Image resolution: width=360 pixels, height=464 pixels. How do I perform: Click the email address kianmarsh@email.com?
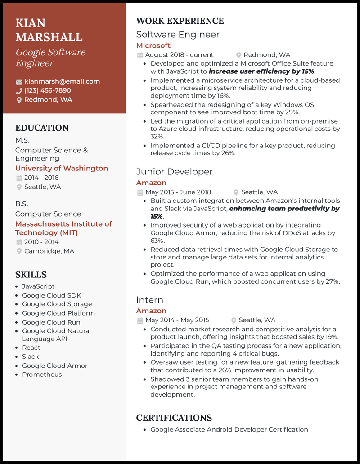[62, 81]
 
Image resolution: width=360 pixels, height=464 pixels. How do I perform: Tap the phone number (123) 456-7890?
[48, 90]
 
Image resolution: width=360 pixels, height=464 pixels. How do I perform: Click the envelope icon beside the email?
[19, 82]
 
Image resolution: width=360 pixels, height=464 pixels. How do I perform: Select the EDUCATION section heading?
[42, 128]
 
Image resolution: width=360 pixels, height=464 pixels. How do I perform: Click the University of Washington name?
[62, 168]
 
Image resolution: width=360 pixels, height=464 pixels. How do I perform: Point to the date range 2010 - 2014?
[41, 242]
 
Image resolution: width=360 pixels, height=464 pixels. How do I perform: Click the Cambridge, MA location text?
[49, 251]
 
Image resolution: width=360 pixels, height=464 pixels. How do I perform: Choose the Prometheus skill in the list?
[42, 375]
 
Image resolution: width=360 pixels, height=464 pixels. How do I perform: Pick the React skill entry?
[31, 348]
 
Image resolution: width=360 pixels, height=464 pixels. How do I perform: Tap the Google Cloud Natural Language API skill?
[56, 335]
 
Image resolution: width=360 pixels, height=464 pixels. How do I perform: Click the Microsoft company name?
[153, 45]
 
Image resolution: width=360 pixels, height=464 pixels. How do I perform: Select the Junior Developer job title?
[174, 172]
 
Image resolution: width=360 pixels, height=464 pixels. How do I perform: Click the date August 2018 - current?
[179, 55]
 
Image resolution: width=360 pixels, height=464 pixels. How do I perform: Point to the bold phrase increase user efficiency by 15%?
[261, 71]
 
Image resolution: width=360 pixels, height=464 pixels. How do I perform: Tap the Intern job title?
[149, 300]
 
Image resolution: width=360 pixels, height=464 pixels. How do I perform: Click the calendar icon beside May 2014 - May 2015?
[140, 321]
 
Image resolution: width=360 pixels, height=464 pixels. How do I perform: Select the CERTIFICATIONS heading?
[174, 418]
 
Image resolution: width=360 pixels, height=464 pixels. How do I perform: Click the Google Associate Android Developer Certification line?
[229, 429]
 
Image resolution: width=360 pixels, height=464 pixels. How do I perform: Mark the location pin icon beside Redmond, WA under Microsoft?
[239, 55]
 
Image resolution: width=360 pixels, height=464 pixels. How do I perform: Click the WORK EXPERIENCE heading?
[180, 21]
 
